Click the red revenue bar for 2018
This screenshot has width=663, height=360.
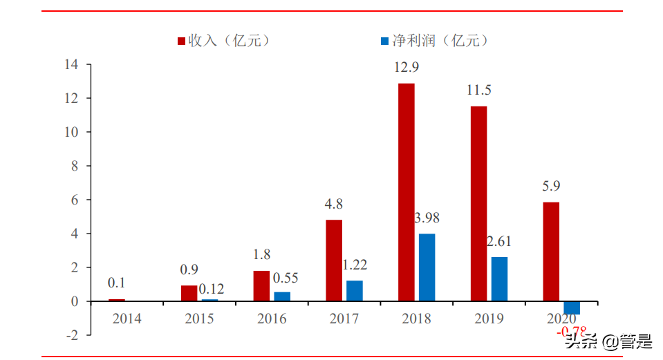click(x=407, y=192)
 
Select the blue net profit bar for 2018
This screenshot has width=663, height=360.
click(x=427, y=267)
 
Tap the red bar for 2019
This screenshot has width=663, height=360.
click(x=478, y=204)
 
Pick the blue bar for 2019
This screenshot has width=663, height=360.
click(x=499, y=279)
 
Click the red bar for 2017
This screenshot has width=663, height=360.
click(x=334, y=260)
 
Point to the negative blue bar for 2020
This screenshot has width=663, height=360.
click(x=572, y=308)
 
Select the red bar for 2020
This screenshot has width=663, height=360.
click(x=551, y=252)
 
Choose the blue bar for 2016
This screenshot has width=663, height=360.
click(x=282, y=296)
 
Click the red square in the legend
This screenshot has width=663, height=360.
click(x=182, y=41)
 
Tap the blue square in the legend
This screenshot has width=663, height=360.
click(x=384, y=41)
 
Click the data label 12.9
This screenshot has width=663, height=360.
click(x=407, y=68)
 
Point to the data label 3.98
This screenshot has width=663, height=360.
click(x=427, y=218)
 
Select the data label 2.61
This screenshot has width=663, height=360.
click(x=499, y=242)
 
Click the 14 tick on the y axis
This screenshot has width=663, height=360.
click(x=72, y=65)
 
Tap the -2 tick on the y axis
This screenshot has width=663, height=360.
click(x=71, y=335)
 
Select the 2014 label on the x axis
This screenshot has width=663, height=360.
click(x=127, y=319)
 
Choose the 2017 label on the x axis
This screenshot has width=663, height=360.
click(x=344, y=319)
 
